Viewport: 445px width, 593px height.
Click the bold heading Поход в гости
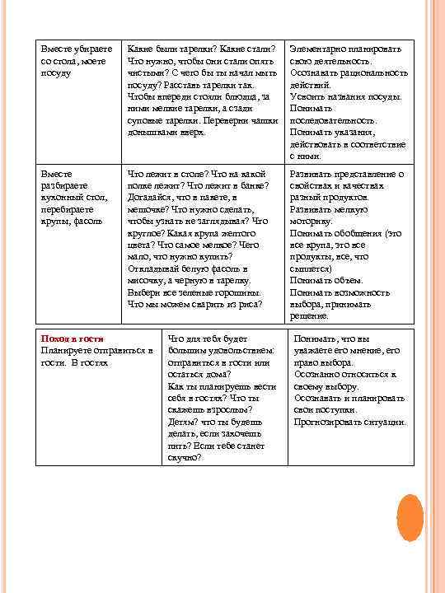coord(70,339)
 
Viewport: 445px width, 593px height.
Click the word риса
coord(249,304)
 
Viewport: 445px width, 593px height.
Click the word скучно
coord(185,457)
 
